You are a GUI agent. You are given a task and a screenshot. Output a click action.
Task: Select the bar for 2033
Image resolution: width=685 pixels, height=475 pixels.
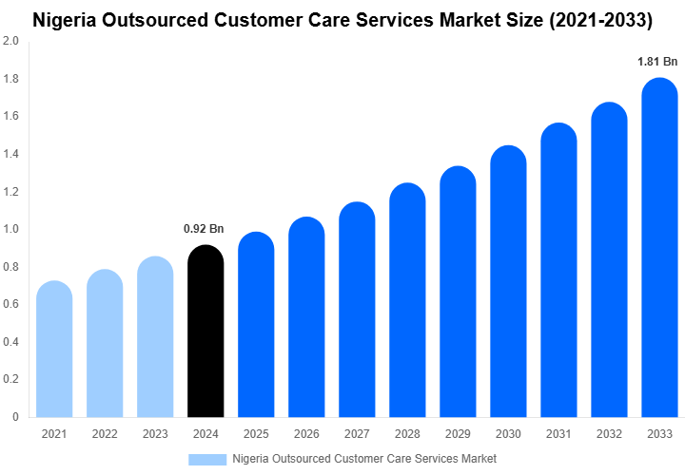click(x=659, y=247)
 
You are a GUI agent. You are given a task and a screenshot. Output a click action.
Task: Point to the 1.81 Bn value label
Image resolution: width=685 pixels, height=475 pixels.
click(x=657, y=62)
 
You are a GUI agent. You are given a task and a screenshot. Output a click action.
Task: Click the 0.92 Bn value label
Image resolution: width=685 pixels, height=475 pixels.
click(x=204, y=229)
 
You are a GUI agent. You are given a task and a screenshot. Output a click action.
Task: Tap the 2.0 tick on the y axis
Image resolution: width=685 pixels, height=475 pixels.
click(x=10, y=42)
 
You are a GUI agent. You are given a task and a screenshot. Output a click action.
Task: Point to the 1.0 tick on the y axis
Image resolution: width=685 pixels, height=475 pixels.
click(x=10, y=229)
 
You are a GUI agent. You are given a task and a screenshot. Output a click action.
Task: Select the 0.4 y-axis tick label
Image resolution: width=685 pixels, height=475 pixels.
click(x=10, y=342)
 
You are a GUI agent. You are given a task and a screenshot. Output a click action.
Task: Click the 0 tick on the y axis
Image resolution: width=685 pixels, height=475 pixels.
click(x=15, y=417)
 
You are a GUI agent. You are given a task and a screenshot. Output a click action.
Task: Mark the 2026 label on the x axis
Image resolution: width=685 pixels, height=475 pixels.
click(x=306, y=434)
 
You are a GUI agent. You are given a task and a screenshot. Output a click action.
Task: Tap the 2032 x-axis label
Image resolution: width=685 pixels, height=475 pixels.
click(x=609, y=434)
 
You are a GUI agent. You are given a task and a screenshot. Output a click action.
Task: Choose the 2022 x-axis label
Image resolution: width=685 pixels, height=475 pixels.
click(x=105, y=434)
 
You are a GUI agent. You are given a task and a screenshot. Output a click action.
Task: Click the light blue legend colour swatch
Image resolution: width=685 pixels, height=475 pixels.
click(x=207, y=459)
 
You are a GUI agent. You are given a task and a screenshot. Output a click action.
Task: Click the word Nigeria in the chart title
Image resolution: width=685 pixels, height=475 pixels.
click(x=66, y=18)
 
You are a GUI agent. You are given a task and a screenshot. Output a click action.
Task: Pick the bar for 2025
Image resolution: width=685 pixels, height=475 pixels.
click(x=256, y=324)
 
